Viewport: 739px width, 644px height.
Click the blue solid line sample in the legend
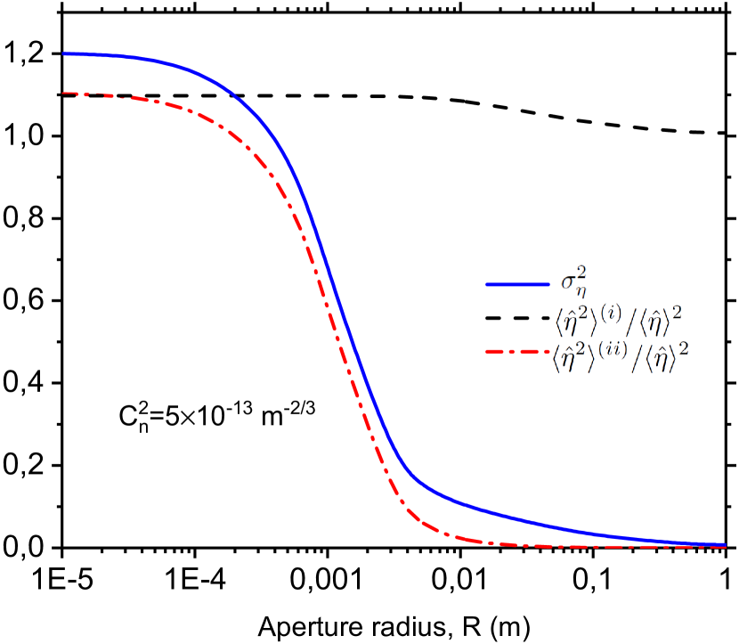pyautogui.click(x=517, y=284)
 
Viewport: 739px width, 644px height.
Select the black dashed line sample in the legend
pyautogui.click(x=517, y=318)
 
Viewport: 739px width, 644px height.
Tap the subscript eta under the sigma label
pyautogui.click(x=580, y=293)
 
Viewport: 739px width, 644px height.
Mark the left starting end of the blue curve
pyautogui.click(x=64, y=54)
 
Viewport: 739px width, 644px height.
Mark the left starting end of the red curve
pyautogui.click(x=64, y=93)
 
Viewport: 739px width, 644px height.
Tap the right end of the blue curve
pyautogui.click(x=726, y=544)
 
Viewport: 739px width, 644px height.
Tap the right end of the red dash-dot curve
pyautogui.click(x=726, y=547)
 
